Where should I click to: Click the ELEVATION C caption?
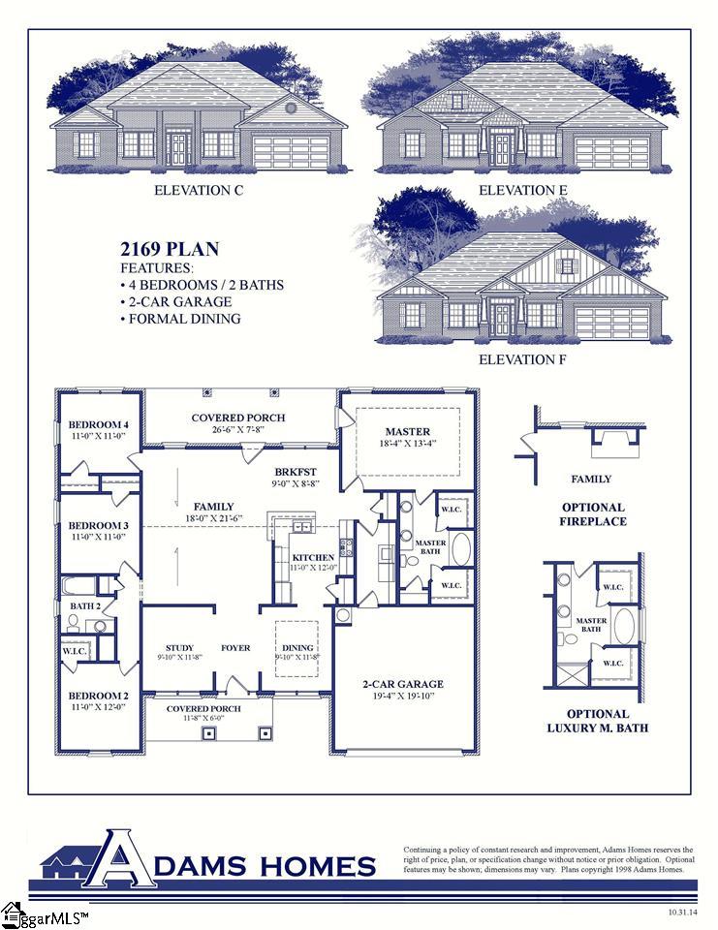199,191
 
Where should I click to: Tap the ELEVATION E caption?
523,190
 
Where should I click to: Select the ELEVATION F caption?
523,359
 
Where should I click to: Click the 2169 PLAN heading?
170,250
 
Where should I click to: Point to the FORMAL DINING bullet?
180,319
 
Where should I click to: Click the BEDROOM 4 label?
99,425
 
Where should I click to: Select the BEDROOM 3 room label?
99,525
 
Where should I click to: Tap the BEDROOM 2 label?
99,696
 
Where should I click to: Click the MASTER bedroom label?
407,432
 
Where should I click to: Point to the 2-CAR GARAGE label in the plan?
403,684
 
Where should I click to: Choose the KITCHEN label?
313,558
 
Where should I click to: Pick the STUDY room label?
179,648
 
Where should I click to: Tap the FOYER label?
235,648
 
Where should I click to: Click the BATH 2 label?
85,606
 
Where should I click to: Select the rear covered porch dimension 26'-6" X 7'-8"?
237,429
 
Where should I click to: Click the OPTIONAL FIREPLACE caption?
593,514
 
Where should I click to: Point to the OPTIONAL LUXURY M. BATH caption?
597,721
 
